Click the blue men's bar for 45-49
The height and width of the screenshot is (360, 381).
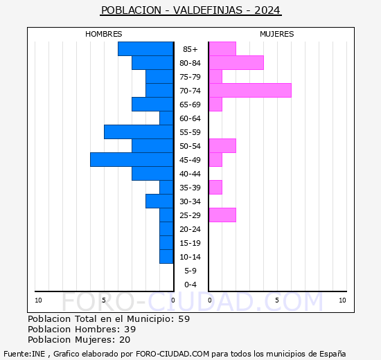(x=132, y=160)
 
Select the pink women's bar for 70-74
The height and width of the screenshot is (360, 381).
(x=250, y=91)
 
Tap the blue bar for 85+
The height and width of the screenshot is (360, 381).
(x=145, y=49)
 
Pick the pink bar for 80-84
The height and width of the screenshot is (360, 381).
(x=236, y=63)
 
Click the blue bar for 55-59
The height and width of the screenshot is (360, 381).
(x=139, y=132)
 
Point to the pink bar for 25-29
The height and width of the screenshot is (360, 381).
(x=222, y=215)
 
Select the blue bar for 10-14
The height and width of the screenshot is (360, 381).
(x=166, y=257)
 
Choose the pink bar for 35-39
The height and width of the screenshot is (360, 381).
(x=215, y=188)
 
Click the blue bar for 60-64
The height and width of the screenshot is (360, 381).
(x=166, y=118)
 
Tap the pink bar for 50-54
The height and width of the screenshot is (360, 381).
(x=222, y=146)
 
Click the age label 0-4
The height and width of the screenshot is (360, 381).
(x=190, y=285)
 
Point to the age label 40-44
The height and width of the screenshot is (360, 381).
(x=190, y=174)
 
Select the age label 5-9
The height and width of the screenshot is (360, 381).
(x=190, y=271)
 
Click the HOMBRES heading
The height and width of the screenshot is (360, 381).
(x=103, y=34)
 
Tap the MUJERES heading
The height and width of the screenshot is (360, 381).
(x=277, y=34)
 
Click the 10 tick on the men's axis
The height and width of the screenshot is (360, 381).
(x=38, y=300)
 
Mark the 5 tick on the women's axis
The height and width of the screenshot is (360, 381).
(x=277, y=300)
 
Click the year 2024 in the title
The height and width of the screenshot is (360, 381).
(x=267, y=10)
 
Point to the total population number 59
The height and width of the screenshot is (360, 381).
(x=184, y=318)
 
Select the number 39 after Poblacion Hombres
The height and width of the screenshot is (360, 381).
(x=130, y=329)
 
